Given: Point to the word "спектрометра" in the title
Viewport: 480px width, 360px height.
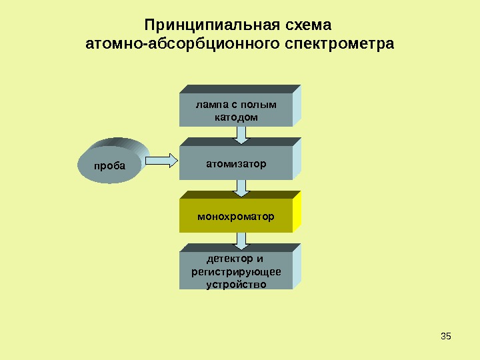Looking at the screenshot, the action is [x=339, y=45].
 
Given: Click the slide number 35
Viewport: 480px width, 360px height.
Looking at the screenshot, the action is [x=447, y=335].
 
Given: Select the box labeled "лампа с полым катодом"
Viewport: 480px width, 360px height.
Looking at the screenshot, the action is [x=236, y=110].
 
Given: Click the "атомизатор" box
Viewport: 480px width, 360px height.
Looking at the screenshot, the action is [x=236, y=163].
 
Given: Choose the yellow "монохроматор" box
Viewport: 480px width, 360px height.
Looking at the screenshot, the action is [x=236, y=217].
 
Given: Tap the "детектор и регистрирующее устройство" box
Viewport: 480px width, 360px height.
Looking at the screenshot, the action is [x=236, y=271].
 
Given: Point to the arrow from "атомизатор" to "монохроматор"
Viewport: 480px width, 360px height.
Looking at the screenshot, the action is [x=242, y=187].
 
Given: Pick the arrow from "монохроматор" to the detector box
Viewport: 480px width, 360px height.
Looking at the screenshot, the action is [x=242, y=239].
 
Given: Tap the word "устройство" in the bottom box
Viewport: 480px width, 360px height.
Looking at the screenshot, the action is [x=236, y=284].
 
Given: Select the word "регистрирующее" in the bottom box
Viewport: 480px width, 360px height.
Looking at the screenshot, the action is [x=236, y=271].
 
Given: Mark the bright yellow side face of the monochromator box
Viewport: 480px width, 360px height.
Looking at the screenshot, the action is [x=297, y=211].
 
